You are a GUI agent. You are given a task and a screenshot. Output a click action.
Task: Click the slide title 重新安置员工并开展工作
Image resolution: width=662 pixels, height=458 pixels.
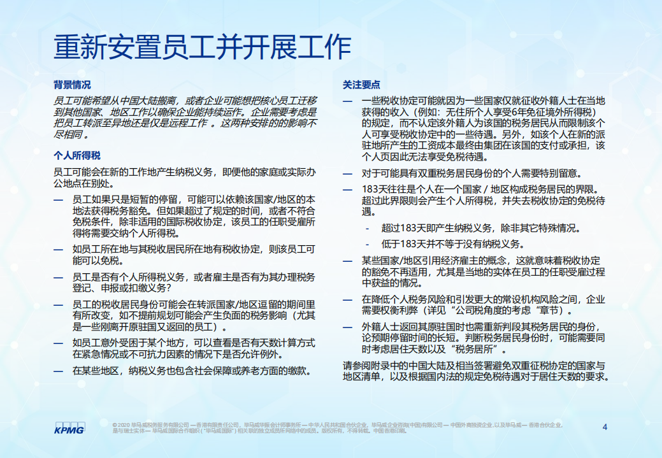203,47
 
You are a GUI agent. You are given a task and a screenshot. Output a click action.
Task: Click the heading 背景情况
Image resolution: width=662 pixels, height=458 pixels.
72,85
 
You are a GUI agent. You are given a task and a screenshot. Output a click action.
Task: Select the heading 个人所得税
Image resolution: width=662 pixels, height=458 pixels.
76,155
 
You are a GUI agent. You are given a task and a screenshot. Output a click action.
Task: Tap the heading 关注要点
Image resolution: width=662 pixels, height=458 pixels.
361,85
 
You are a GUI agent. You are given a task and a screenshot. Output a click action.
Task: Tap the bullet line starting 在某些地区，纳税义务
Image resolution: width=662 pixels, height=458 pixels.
191,370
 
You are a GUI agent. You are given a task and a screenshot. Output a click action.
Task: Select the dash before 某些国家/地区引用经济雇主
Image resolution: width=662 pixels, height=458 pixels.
347,261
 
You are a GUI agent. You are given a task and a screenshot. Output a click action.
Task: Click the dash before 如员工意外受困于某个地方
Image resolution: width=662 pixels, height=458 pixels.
58,343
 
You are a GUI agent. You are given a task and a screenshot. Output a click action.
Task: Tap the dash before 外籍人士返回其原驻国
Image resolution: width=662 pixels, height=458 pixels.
347,327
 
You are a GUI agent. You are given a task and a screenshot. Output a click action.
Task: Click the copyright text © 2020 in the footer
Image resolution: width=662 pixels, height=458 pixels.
124,424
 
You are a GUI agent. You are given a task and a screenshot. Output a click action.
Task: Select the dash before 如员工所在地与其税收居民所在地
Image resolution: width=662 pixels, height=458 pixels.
58,250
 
